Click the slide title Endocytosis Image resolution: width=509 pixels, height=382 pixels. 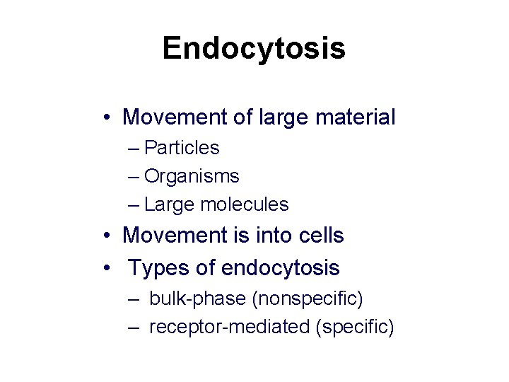click(x=254, y=49)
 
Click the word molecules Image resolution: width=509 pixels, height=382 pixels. click(x=245, y=204)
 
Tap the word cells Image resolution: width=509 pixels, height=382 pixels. click(x=318, y=236)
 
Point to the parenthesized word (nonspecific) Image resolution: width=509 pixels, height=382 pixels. click(x=307, y=299)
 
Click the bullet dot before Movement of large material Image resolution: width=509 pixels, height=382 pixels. click(x=105, y=117)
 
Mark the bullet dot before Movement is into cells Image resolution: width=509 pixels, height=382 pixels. click(x=105, y=236)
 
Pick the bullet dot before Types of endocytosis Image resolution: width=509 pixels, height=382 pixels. click(x=105, y=269)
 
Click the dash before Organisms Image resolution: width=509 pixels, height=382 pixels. click(x=134, y=176)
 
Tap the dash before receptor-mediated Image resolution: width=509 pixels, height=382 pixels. click(x=134, y=328)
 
